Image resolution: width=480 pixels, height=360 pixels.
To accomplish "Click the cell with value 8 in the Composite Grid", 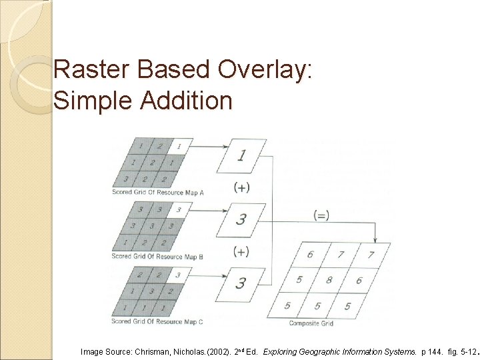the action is pyautogui.click(x=327, y=279).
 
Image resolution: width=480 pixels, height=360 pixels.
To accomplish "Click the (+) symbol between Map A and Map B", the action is pyautogui.click(x=241, y=188).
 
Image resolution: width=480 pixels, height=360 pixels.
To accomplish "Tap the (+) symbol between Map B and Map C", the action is pyautogui.click(x=241, y=251).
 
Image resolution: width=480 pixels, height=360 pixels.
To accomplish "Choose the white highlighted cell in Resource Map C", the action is pyautogui.click(x=177, y=274).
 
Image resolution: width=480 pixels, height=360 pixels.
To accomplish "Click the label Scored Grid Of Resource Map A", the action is pyautogui.click(x=157, y=193).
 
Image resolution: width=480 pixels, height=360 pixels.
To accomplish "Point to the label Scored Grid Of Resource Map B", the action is pyautogui.click(x=157, y=256).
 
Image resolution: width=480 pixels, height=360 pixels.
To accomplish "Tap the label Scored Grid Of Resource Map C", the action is pyautogui.click(x=157, y=321).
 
